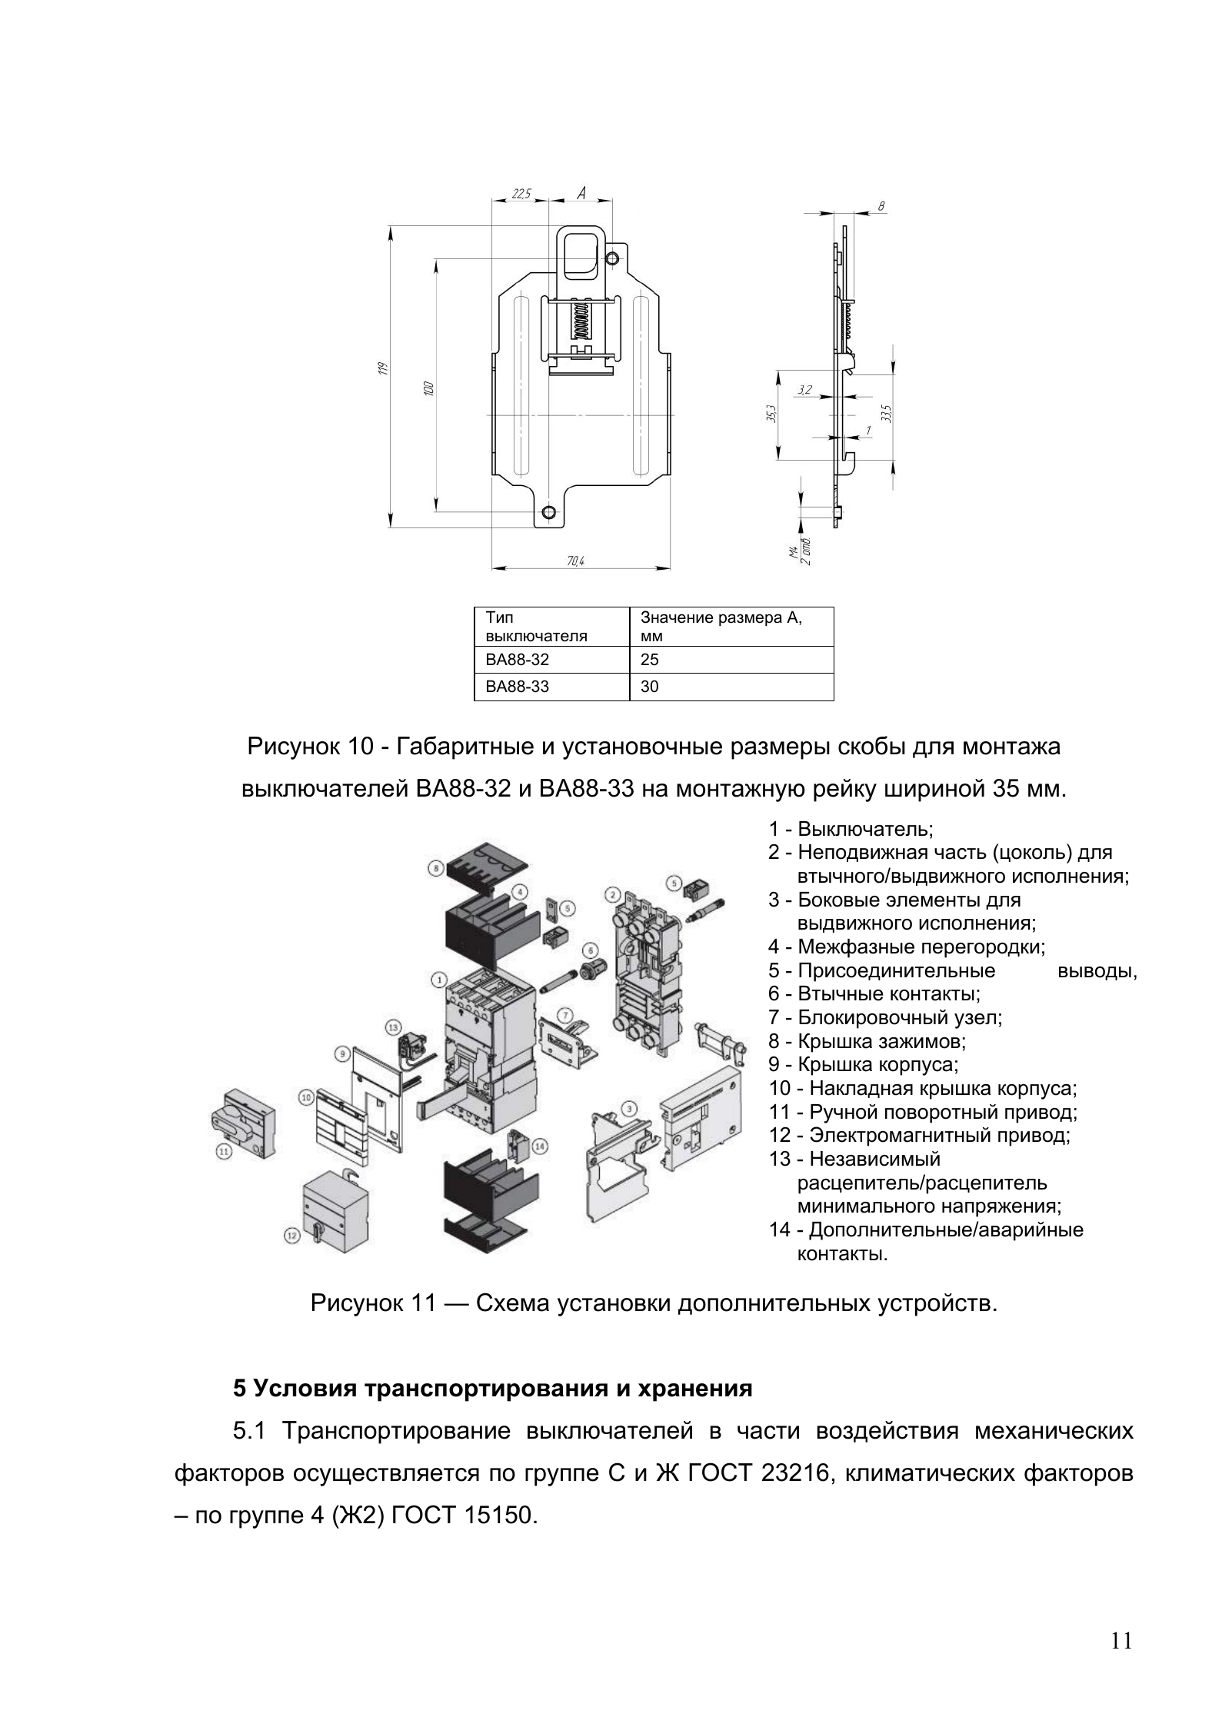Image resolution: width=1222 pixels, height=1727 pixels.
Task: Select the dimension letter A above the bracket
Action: (581, 193)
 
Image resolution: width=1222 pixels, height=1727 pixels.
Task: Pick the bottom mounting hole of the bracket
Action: (548, 512)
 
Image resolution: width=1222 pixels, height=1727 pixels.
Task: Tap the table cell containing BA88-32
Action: (551, 660)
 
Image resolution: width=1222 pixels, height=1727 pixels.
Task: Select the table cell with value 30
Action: (731, 687)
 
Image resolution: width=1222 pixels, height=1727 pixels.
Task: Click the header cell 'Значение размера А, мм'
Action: (731, 627)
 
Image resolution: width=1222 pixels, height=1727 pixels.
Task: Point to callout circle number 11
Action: (223, 1151)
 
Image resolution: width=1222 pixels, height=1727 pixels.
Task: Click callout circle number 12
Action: (291, 1236)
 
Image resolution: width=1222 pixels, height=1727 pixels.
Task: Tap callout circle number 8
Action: (435, 868)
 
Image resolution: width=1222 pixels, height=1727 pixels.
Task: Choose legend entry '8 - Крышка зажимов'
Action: (867, 1041)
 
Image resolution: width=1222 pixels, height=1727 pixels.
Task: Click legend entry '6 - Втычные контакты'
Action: (874, 993)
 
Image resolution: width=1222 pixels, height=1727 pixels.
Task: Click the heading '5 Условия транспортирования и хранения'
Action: (492, 1389)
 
